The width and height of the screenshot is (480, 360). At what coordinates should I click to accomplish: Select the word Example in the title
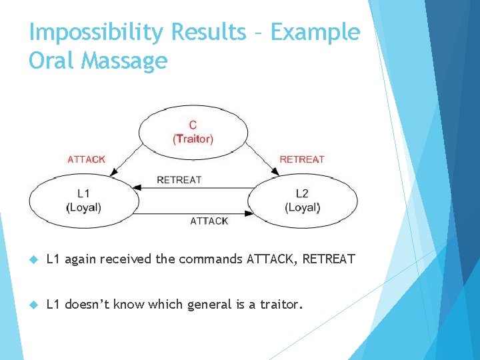(315, 32)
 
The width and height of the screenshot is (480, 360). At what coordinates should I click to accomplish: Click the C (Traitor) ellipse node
(193, 132)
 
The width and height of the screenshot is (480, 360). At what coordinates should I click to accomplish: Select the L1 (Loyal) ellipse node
(84, 200)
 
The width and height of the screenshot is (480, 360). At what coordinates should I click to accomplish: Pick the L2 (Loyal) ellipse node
(302, 200)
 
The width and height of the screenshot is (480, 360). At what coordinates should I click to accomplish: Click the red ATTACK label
(86, 159)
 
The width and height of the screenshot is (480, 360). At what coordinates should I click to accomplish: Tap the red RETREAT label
(301, 159)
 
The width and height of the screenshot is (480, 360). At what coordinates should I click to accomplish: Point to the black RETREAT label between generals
(179, 179)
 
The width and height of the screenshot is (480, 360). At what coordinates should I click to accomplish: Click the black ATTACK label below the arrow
(209, 221)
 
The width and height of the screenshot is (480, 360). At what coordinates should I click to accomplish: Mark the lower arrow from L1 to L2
(193, 213)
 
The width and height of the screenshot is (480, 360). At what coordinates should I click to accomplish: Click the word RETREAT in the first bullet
(329, 259)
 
